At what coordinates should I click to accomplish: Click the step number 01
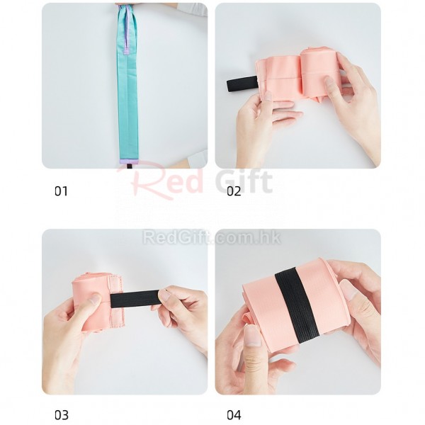click(61, 191)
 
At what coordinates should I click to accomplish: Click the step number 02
click(234, 191)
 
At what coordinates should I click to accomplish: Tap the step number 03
click(62, 415)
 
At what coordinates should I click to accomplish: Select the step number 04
click(234, 415)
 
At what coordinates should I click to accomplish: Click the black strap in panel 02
click(242, 84)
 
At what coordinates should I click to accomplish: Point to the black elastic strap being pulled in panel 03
click(135, 299)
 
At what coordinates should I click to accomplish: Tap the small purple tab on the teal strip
click(126, 52)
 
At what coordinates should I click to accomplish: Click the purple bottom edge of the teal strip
click(128, 161)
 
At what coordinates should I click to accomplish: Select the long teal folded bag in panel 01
click(127, 84)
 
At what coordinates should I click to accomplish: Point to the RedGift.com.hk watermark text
click(212, 237)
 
